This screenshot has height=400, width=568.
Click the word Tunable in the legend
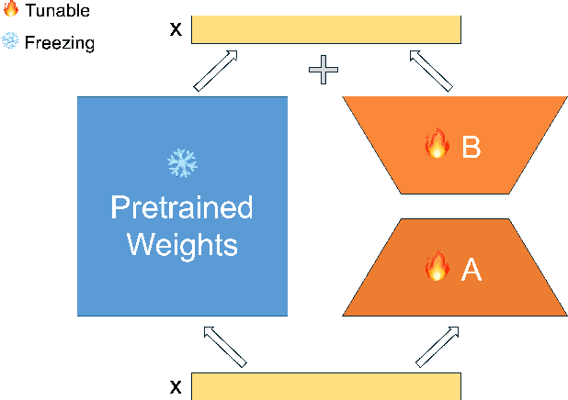point(58,11)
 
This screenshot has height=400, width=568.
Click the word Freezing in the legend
point(59,42)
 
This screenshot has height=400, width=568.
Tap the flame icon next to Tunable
point(11,11)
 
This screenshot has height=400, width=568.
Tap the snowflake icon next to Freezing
point(11,41)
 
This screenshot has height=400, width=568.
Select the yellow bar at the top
point(325,28)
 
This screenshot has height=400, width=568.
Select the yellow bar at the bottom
point(325,386)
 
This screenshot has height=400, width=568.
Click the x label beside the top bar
point(175,28)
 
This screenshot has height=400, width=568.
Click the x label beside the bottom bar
point(175,386)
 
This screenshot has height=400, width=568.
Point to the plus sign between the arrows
point(323,71)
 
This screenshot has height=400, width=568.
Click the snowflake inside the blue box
point(182,163)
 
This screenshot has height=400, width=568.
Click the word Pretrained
point(182,207)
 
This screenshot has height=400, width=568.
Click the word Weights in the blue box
point(182,245)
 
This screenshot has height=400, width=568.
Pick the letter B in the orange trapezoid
point(471,146)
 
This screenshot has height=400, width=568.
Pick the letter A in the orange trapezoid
point(471,269)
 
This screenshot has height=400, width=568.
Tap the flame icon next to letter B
point(435,144)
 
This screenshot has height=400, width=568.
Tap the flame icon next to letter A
point(436,267)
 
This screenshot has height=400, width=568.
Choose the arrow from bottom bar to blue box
point(225,345)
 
